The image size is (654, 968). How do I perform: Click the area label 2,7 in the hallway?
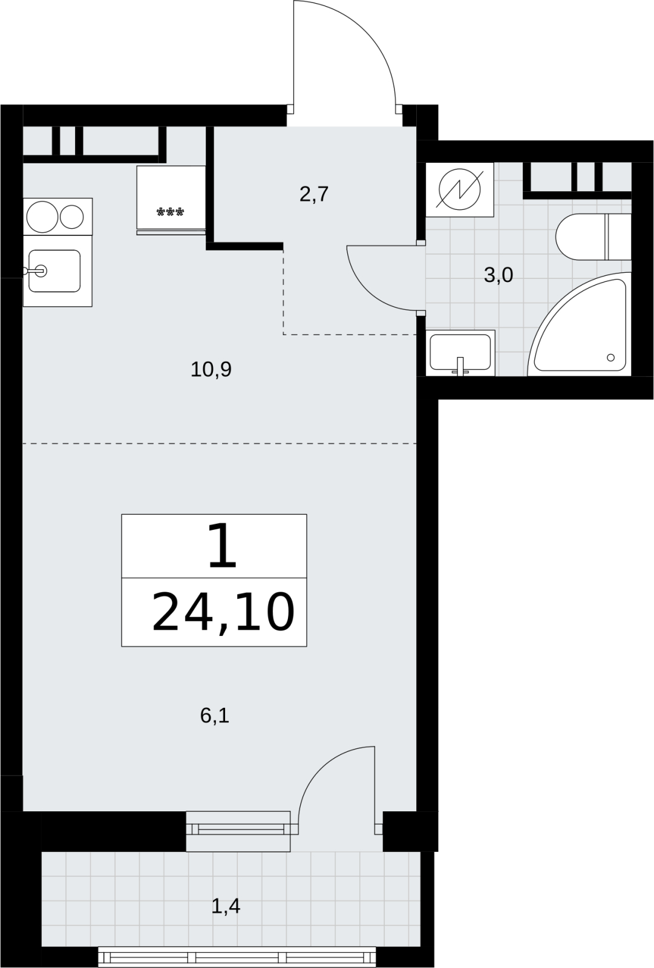[314, 194]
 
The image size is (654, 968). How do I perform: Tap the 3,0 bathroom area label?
[498, 275]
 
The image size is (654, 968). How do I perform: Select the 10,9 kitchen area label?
[211, 369]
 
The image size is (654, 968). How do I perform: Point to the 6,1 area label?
[214, 716]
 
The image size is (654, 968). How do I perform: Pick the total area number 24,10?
[223, 612]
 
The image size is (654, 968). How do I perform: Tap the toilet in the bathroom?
[593, 237]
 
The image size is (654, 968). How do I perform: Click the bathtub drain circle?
[610, 358]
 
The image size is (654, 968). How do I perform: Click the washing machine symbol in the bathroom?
[459, 190]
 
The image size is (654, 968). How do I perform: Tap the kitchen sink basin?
[54, 271]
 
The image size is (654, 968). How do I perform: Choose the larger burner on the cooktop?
[42, 217]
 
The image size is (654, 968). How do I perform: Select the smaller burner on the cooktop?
[72, 217]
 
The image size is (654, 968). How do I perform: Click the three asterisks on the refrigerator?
[171, 212]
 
